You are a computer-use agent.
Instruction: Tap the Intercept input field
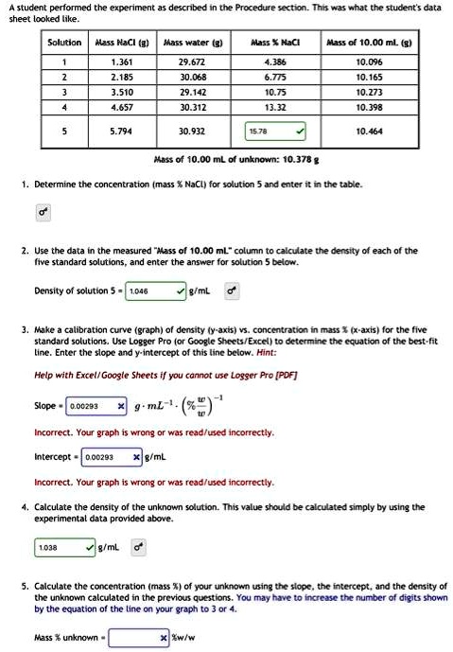[106, 457]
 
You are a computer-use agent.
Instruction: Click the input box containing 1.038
[61, 547]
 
